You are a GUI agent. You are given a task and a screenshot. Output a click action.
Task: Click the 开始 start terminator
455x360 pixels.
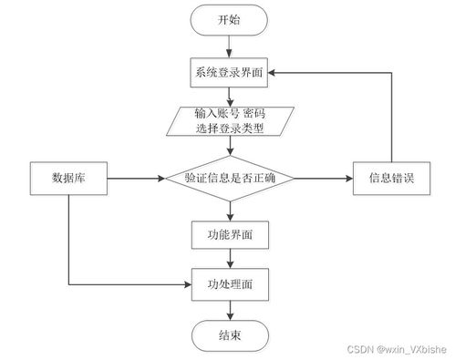229,20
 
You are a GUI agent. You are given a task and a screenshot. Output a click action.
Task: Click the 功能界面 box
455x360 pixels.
229,234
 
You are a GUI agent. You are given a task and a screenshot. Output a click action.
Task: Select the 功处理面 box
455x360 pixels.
229,284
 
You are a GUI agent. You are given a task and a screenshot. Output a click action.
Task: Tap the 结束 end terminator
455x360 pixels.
229,334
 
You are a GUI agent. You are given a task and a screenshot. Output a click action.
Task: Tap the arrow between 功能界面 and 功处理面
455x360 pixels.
229,259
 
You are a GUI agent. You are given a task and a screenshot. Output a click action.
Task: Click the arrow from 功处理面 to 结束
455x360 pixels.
229,310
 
